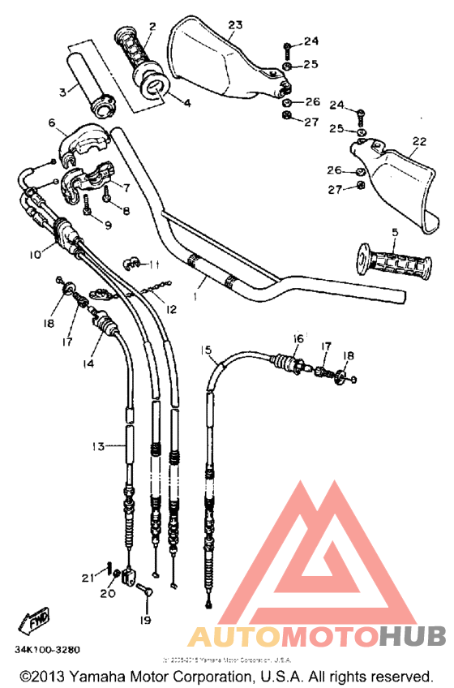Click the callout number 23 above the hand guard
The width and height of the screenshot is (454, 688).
[235, 25]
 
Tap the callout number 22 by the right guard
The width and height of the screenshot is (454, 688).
[418, 141]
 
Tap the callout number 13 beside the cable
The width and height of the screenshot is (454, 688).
[98, 446]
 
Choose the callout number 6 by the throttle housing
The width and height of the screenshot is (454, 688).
[51, 123]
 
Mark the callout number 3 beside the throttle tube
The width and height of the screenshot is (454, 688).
[62, 92]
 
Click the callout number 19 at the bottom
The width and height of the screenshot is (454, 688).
[144, 621]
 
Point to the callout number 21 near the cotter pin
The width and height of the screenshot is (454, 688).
[88, 577]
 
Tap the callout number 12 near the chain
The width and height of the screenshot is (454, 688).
[171, 309]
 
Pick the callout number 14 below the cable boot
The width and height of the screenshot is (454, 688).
[88, 364]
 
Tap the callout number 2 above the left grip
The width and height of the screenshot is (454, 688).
[152, 27]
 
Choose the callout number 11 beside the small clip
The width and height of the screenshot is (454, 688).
[156, 264]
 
